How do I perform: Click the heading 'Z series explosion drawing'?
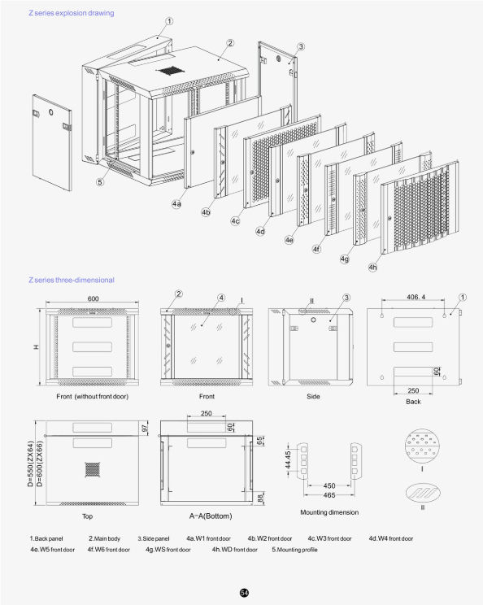coord(71,14)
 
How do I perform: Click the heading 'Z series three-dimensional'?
coord(71,280)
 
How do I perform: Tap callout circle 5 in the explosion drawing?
coord(99,182)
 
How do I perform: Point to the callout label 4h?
coord(372,267)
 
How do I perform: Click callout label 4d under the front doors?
coord(260,232)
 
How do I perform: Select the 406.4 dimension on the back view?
coord(416,298)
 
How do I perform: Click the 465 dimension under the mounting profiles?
coord(329,494)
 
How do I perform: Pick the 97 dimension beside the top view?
coord(146,429)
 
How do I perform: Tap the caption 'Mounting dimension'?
coord(329,512)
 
